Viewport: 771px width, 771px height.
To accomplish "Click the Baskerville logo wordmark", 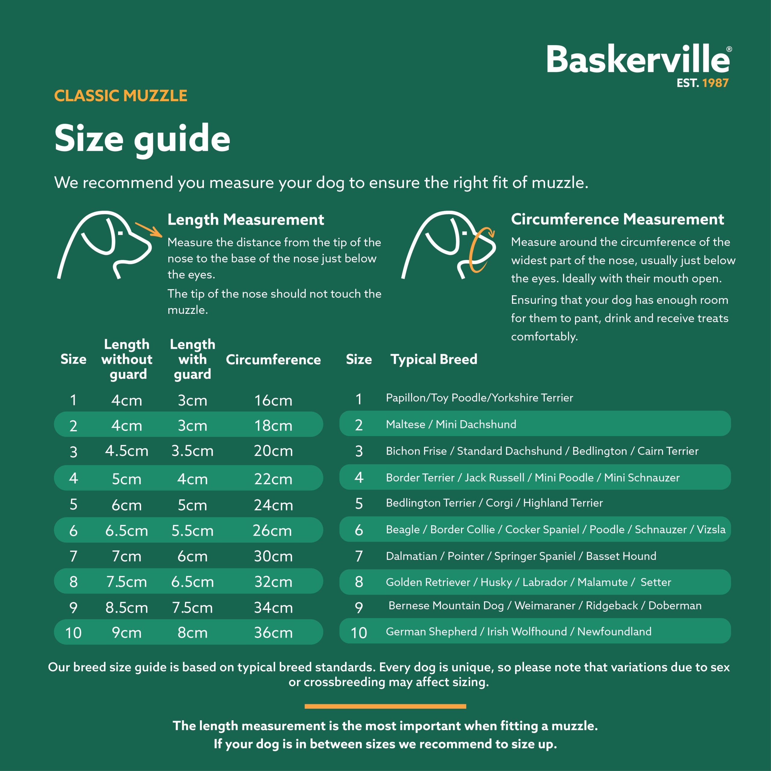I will point(638,60).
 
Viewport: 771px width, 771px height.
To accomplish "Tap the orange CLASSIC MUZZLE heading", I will point(120,96).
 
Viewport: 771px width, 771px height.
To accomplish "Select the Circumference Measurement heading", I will point(617,219).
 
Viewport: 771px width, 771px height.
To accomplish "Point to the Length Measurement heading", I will point(245,220).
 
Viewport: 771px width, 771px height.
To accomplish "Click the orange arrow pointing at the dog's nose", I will point(148,230).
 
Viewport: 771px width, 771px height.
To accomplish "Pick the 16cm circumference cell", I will point(273,400).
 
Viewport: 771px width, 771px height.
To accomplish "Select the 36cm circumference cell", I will point(273,632).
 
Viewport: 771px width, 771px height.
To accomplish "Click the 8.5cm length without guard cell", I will point(126,607).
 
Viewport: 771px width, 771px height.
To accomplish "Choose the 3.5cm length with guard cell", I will point(192,451).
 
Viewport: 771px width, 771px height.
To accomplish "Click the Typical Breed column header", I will point(434,359).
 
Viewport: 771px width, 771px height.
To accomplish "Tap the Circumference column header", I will point(273,360).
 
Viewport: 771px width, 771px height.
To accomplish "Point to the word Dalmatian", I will point(411,556).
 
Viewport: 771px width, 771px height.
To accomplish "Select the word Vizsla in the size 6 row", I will point(711,529).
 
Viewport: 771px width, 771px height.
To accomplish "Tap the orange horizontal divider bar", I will point(385,706).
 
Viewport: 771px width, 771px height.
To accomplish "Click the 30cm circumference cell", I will point(273,556).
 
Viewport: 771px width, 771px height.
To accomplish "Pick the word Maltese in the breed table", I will point(405,424).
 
